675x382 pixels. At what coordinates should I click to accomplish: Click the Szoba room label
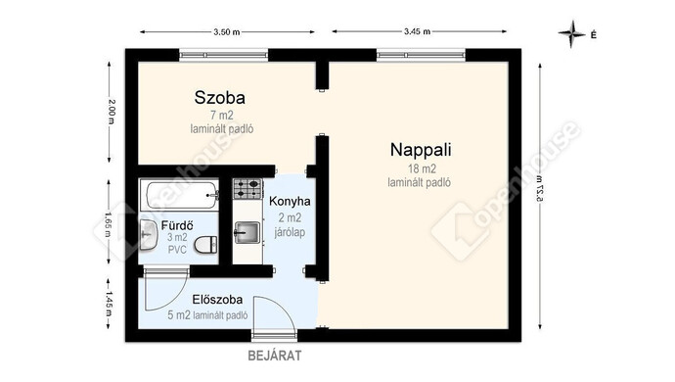point(219,97)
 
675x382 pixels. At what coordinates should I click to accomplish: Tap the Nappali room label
point(421,150)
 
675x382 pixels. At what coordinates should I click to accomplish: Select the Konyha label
point(290,202)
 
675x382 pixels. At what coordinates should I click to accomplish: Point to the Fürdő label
point(177,225)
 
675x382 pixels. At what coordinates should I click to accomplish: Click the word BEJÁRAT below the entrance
point(275,356)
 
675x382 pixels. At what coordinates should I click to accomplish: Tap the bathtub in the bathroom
point(182,195)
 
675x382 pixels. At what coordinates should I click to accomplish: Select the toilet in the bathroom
point(205,245)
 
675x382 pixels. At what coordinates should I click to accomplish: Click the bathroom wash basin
point(149,235)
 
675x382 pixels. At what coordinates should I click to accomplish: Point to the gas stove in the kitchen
point(247,189)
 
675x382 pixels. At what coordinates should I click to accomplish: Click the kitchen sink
point(247,232)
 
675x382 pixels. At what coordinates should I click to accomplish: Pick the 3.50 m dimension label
point(226,32)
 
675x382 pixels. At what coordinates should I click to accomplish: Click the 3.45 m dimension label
point(417,31)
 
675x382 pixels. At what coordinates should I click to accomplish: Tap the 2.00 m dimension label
point(112,112)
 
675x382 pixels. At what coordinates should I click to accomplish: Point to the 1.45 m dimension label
point(108,304)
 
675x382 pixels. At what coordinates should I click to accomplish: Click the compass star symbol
point(572,33)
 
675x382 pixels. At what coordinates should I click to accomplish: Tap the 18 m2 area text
point(422,168)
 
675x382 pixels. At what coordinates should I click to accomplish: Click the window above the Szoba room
point(223,55)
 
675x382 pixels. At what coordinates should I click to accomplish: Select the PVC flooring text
point(177,250)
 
